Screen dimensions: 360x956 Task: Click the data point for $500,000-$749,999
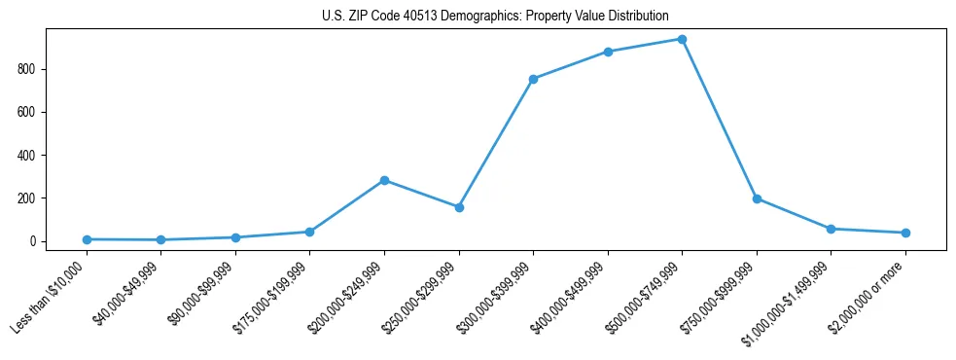tap(682, 39)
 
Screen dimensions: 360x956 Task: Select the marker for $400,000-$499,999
tap(608, 52)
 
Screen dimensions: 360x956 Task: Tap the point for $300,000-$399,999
tap(533, 79)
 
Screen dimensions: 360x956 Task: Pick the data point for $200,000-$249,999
tap(384, 180)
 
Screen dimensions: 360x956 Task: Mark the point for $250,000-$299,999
tap(459, 207)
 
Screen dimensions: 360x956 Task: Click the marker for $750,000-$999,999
tap(757, 198)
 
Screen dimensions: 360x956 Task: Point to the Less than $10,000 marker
tap(87, 239)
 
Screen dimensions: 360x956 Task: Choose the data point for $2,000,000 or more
tap(905, 233)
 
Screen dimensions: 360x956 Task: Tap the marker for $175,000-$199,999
tap(309, 232)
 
